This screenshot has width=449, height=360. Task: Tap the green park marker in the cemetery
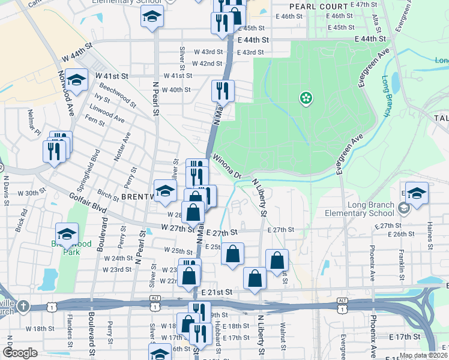click(x=306, y=97)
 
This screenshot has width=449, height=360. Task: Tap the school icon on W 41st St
click(x=76, y=80)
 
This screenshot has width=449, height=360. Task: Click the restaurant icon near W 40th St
click(x=223, y=91)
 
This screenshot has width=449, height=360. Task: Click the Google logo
click(x=20, y=353)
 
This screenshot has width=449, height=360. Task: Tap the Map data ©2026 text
click(x=423, y=355)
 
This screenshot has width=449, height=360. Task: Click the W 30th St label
click(x=32, y=193)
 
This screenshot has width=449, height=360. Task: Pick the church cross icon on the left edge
click(x=23, y=307)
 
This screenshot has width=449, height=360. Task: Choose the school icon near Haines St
click(x=417, y=193)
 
